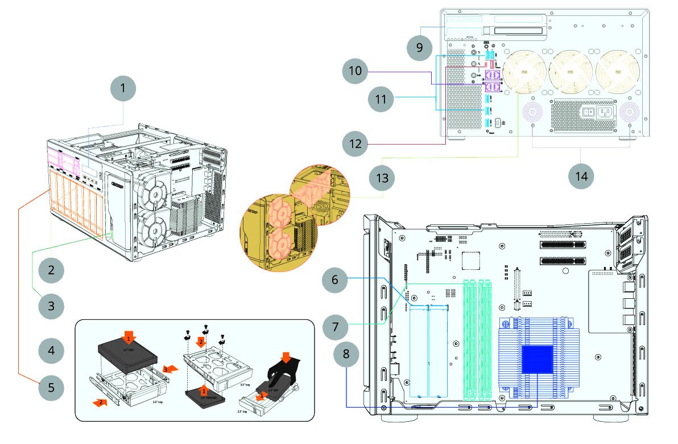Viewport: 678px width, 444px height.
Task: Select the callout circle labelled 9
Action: point(420,47)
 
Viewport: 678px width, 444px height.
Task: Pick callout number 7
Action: point(336,327)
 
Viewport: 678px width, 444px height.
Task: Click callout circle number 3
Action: point(51,306)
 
